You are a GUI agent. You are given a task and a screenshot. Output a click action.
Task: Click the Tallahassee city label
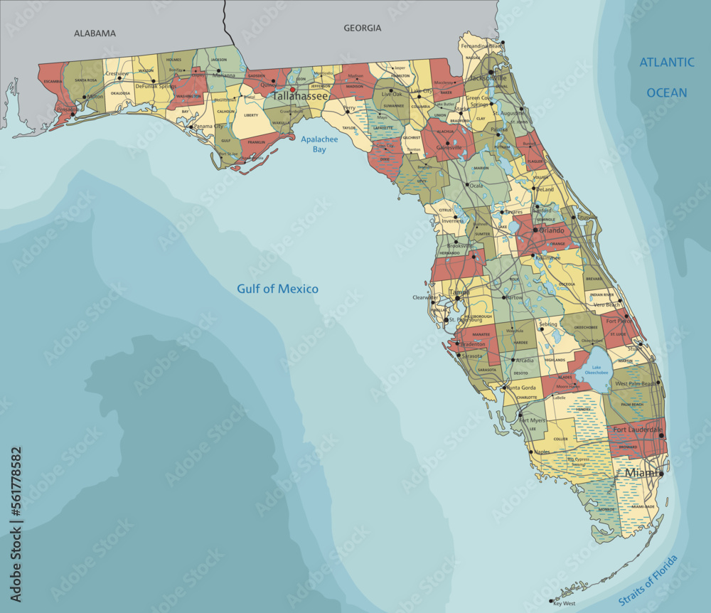click(301, 95)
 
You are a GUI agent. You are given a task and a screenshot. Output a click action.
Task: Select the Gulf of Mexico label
click(277, 289)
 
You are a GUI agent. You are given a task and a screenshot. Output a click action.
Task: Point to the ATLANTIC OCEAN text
click(667, 78)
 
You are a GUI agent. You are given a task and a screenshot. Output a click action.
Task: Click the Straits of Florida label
click(648, 581)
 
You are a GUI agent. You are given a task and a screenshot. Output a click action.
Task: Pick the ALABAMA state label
click(95, 33)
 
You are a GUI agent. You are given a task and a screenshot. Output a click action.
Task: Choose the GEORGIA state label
click(363, 28)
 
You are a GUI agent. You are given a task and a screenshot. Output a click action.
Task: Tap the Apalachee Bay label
click(314, 144)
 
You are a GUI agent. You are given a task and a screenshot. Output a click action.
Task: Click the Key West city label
click(563, 604)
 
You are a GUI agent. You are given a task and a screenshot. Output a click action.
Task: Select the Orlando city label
click(550, 230)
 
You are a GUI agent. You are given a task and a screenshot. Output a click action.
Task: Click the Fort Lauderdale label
click(638, 430)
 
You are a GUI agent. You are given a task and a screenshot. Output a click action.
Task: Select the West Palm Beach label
click(636, 384)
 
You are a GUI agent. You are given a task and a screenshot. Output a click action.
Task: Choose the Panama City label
click(208, 127)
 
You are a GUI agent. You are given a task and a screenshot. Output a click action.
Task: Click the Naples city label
click(542, 452)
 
